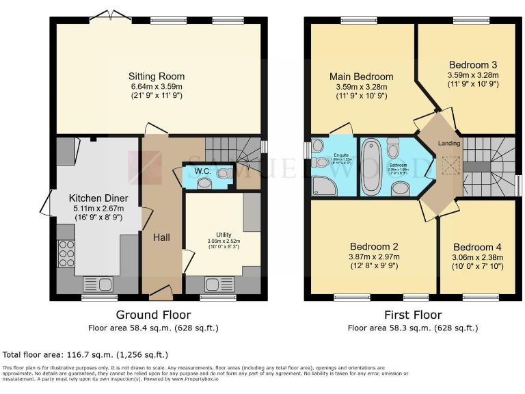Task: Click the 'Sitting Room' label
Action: (157, 76)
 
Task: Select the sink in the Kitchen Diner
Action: (100, 284)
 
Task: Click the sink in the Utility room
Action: (219, 284)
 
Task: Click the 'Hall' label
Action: (161, 237)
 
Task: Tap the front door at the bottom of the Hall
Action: (162, 293)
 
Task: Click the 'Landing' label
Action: (448, 143)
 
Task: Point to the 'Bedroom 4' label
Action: (476, 247)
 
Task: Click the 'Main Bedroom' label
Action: (361, 76)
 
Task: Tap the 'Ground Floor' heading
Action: (153, 315)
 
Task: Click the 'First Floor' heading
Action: (412, 315)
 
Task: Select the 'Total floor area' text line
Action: (85, 355)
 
